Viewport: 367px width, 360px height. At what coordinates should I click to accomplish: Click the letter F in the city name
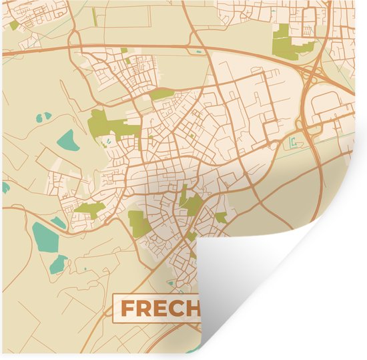(x=127, y=309)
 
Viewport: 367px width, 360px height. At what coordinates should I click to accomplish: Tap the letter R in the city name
(x=144, y=309)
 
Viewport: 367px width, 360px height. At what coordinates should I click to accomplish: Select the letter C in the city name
(x=176, y=309)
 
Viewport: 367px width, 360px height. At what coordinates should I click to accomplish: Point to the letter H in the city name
(x=192, y=309)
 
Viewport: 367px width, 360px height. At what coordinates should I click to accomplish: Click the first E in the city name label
(x=160, y=309)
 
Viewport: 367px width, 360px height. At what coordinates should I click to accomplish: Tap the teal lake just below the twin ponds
(x=67, y=140)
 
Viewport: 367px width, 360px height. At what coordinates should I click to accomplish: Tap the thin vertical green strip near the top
(x=95, y=16)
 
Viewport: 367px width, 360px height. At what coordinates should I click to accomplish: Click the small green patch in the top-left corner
(x=14, y=25)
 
